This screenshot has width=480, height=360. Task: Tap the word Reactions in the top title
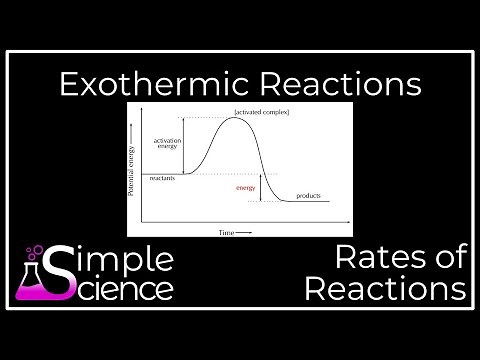[338, 84]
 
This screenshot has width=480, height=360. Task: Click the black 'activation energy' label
[166, 144]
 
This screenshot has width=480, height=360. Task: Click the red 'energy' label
[245, 187]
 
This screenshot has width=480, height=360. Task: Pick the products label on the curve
[309, 195]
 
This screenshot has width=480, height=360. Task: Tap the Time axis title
[228, 231]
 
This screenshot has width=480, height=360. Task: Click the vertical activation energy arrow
[187, 147]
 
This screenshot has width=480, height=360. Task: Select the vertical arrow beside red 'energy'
[261, 187]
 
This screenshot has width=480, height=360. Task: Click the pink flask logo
[36, 279]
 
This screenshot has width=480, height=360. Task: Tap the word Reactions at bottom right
[386, 290]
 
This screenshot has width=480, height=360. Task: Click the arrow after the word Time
[246, 231]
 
